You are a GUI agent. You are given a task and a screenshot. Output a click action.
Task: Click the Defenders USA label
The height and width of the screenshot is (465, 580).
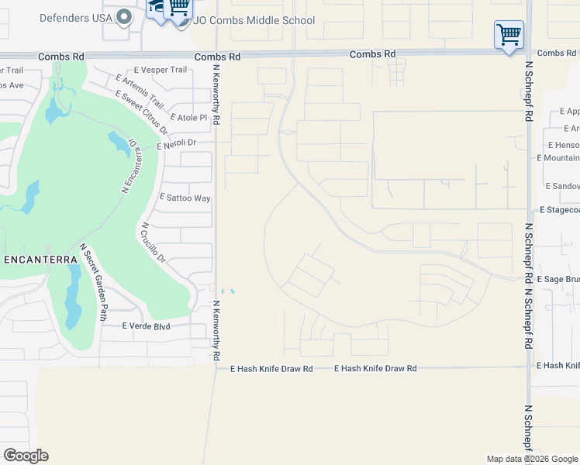point(75,17)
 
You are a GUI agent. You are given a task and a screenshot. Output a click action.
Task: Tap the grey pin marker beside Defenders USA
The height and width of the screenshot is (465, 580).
point(123,17)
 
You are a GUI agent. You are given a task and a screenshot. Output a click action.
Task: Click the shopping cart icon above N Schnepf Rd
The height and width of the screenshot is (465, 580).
point(509,34)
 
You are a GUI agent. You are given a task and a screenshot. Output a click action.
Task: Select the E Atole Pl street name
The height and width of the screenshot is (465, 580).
point(189,118)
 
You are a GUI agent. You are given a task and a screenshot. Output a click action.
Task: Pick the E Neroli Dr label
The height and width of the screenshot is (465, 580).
point(176,143)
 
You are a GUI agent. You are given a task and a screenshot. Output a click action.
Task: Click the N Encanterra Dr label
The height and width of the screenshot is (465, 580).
point(129,166)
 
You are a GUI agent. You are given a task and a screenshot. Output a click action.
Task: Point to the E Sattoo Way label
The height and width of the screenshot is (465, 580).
point(185,198)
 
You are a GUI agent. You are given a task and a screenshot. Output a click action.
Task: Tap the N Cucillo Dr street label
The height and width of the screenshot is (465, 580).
point(153,243)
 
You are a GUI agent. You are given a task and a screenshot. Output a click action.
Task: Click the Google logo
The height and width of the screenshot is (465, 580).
point(26,456)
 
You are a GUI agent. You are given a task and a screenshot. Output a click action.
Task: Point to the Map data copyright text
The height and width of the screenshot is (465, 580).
point(532,459)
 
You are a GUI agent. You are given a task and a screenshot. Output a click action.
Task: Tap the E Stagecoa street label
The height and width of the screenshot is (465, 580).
point(559,210)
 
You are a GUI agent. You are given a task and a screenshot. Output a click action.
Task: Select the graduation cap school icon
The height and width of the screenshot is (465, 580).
point(158,9)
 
